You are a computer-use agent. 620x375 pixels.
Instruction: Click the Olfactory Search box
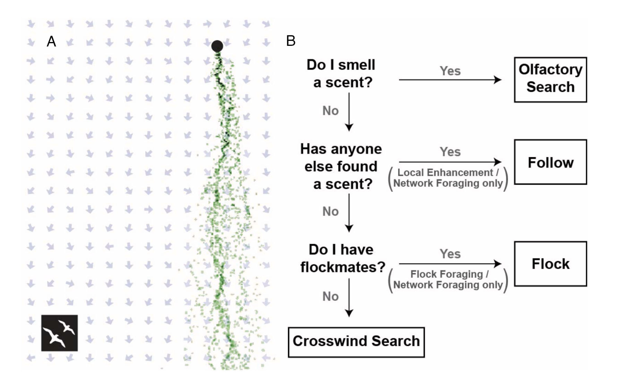tap(550, 80)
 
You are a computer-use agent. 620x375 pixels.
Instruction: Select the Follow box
tap(550, 162)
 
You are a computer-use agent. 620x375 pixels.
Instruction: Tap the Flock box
tap(550, 264)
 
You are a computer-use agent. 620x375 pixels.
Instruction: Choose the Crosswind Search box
tap(356, 342)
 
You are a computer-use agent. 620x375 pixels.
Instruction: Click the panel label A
tap(51, 41)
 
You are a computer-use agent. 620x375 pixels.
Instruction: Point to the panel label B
tap(291, 41)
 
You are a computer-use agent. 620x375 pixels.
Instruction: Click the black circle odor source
tap(217, 46)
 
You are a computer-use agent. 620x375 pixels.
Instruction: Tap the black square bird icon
tap(59, 333)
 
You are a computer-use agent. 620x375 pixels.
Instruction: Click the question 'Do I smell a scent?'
tap(342, 74)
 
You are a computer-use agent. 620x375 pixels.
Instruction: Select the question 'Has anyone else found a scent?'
tap(341, 166)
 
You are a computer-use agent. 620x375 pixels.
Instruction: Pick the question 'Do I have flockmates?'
tap(342, 258)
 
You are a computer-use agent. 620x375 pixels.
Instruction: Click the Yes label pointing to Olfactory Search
tap(450, 71)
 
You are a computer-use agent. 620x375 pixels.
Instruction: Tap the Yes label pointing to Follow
tap(450, 152)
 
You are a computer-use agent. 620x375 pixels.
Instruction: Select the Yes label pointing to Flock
tap(450, 254)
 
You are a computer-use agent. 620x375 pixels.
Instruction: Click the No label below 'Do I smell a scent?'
tap(330, 111)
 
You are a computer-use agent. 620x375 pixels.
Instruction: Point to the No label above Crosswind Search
tap(330, 297)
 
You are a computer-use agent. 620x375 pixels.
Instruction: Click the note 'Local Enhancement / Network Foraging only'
tap(448, 178)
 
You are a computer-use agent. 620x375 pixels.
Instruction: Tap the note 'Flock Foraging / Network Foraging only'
tap(448, 280)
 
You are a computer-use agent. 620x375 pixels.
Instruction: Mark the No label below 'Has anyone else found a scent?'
tap(330, 211)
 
